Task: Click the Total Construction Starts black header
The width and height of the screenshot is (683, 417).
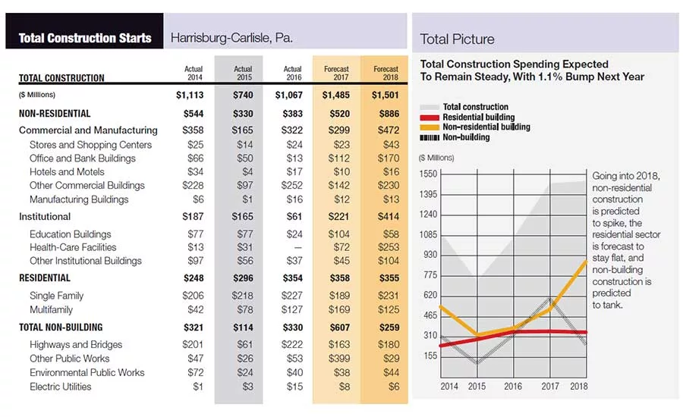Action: (84, 31)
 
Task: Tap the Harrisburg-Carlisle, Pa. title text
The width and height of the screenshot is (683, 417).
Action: (231, 38)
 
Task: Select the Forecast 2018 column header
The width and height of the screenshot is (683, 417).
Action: (386, 73)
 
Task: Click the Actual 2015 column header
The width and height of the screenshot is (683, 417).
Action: (243, 73)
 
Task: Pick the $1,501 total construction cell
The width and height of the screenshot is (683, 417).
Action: (385, 95)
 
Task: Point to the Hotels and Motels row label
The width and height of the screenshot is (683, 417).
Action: (67, 172)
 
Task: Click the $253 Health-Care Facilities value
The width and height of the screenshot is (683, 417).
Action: (388, 247)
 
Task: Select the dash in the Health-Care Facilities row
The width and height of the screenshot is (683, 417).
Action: (298, 247)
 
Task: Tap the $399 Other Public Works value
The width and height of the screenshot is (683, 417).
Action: (339, 358)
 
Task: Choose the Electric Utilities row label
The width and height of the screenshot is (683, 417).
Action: (61, 387)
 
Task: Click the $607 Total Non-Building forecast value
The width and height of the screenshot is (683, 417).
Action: (339, 328)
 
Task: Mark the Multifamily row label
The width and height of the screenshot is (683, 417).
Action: (51, 310)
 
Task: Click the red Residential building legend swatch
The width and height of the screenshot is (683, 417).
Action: (430, 118)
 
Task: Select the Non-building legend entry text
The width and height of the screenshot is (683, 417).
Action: (466, 137)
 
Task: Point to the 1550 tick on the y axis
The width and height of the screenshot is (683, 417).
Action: (428, 174)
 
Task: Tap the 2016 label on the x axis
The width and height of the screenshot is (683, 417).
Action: (513, 386)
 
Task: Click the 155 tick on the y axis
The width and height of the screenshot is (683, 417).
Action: (430, 356)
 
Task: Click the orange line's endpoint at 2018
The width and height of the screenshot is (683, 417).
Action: (586, 261)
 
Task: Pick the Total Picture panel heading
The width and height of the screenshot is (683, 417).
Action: (457, 39)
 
